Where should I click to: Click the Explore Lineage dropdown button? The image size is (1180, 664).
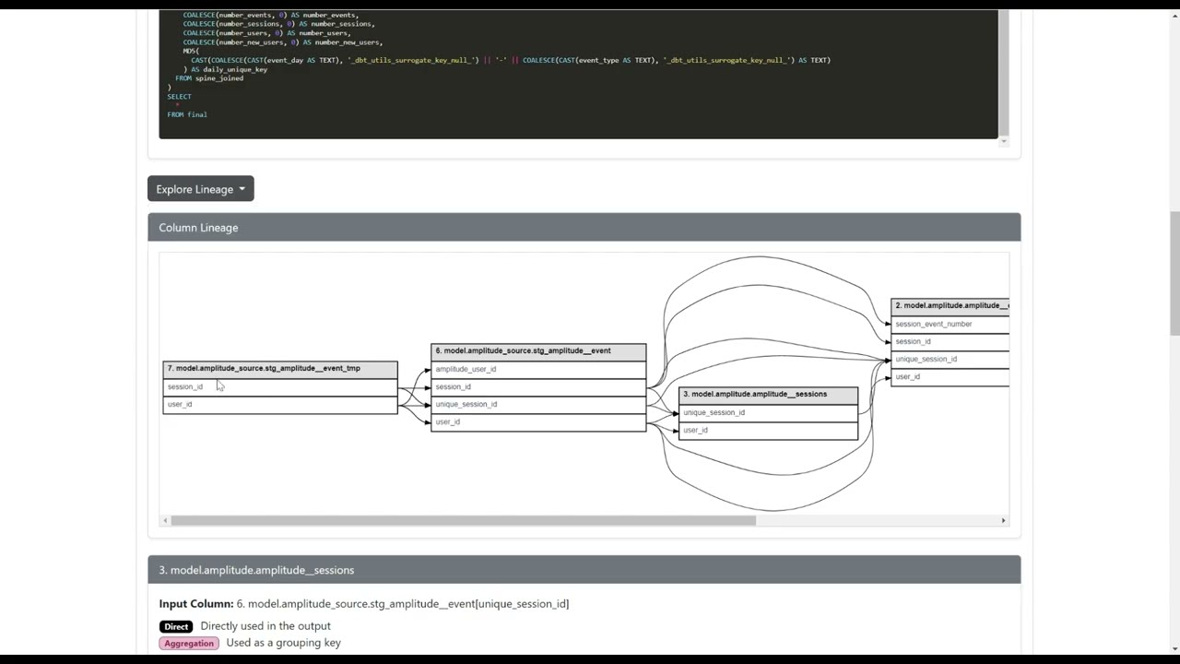pos(200,189)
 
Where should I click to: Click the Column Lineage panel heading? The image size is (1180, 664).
pos(198,228)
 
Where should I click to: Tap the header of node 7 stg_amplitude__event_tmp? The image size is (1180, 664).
pos(279,369)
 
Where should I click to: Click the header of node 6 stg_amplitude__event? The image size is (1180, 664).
pos(538,351)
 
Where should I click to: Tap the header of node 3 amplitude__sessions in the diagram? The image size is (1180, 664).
pos(768,395)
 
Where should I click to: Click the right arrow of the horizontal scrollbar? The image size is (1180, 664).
pos(1003,520)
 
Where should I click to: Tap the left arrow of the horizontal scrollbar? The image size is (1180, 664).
pos(165,520)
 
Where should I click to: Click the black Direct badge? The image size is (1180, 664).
pos(176,626)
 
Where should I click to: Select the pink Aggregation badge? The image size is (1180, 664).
pos(189,643)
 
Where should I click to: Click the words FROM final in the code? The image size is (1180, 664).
pos(187,114)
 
